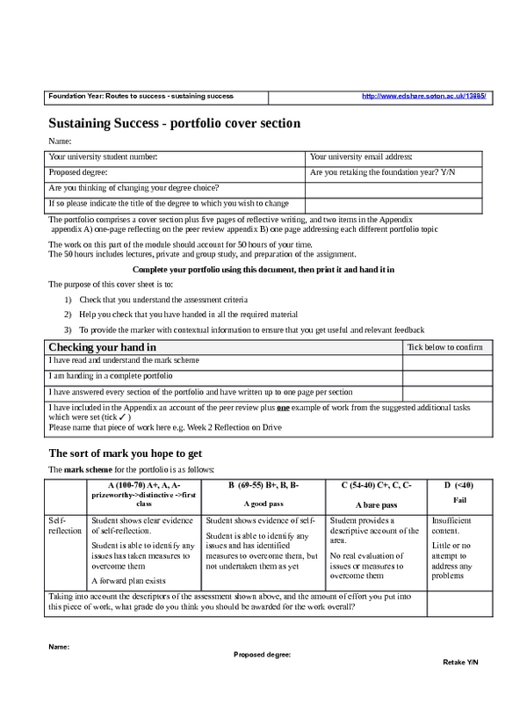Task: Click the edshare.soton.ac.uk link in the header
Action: [424, 96]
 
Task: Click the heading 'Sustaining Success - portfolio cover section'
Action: [174, 123]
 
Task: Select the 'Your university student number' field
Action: [176, 156]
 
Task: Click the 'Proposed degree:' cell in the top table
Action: [176, 172]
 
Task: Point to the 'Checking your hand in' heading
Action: [103, 348]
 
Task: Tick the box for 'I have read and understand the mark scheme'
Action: [447, 362]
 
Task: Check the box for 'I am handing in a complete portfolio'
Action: [447, 377]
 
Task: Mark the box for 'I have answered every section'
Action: [447, 393]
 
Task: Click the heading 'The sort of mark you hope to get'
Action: [126, 453]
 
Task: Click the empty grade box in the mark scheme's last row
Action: [459, 603]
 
